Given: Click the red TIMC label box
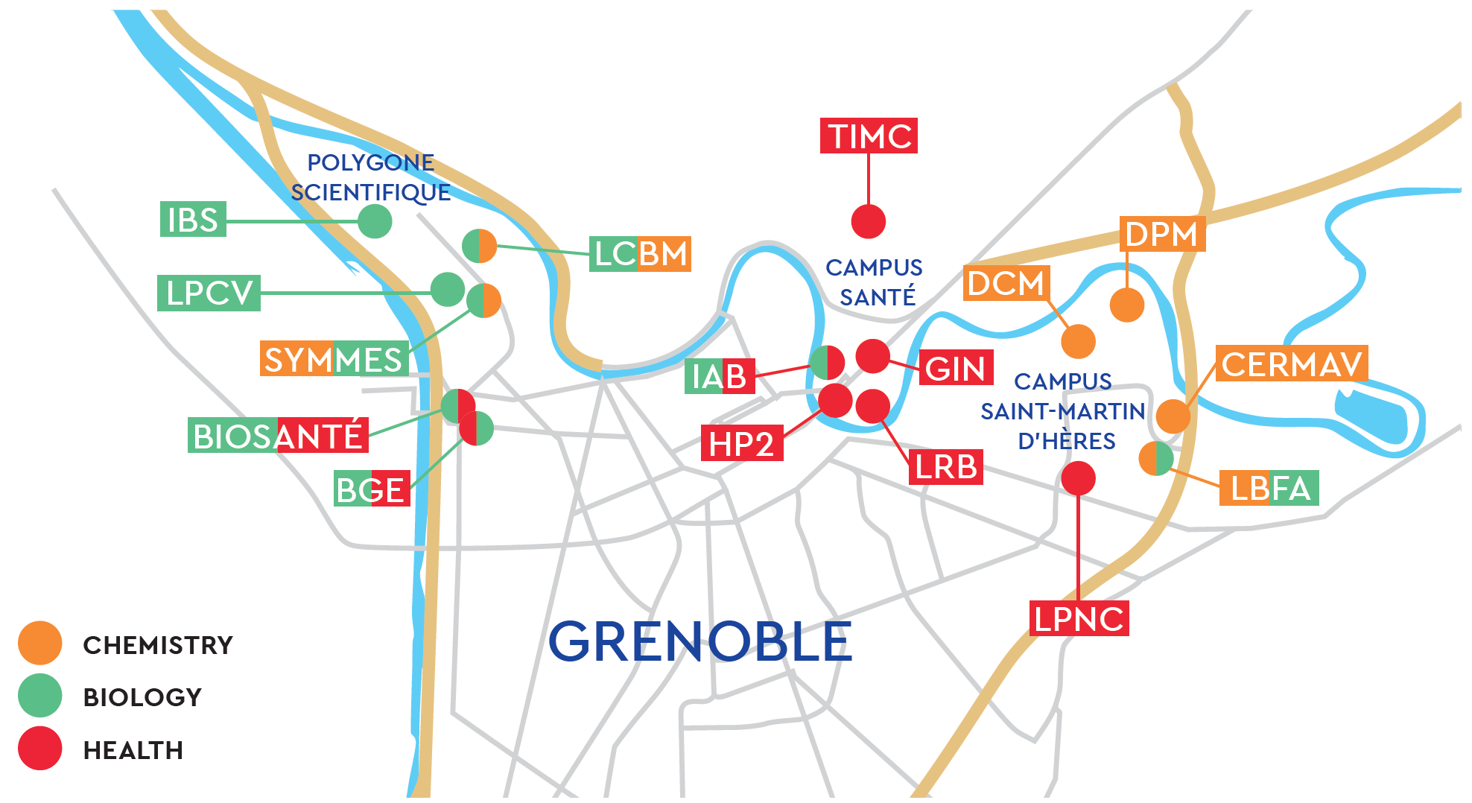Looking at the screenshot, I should pyautogui.click(x=869, y=136).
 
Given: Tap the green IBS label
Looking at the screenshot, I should pyautogui.click(x=193, y=219).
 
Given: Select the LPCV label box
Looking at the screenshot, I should pyautogui.click(x=209, y=293).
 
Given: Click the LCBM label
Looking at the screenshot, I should pyautogui.click(x=640, y=254).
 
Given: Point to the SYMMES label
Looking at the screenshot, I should pyautogui.click(x=334, y=359).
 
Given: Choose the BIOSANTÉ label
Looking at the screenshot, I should pyautogui.click(x=278, y=436).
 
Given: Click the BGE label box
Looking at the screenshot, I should pyautogui.click(x=372, y=489).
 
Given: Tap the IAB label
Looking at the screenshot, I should pyautogui.click(x=720, y=376).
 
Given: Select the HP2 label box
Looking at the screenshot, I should pyautogui.click(x=742, y=443).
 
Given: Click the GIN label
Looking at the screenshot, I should pyautogui.click(x=956, y=368).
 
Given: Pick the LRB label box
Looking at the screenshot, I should pyautogui.click(x=946, y=467).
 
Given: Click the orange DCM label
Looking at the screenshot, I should pyautogui.click(x=1006, y=283).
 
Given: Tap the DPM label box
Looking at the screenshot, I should pyautogui.click(x=1162, y=234).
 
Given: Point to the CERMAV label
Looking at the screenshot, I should pyautogui.click(x=1292, y=364).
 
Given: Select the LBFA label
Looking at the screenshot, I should pyautogui.click(x=1269, y=488).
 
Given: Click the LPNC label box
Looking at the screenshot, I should pyautogui.click(x=1079, y=618).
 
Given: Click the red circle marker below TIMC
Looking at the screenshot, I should pyautogui.click(x=869, y=221).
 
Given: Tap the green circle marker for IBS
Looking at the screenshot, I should pyautogui.click(x=375, y=221).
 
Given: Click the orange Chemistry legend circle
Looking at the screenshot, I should pyautogui.click(x=40, y=643).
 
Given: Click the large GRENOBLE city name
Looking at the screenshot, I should pyautogui.click(x=700, y=641).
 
